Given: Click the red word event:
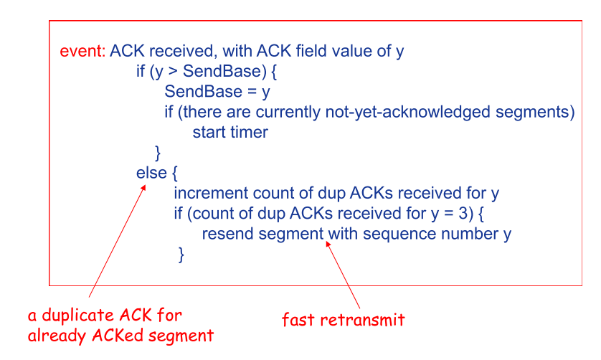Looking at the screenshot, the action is pos(82,51).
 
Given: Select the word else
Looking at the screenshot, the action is pos(151,173).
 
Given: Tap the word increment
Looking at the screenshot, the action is pos(211,193).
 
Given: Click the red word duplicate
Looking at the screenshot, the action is pos(79,316).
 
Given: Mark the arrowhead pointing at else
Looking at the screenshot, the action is pos(143,188).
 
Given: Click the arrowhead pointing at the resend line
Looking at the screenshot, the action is pos(328,244).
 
